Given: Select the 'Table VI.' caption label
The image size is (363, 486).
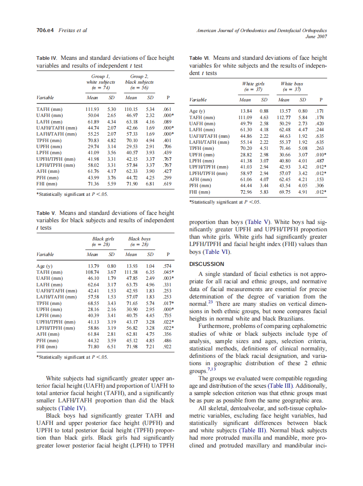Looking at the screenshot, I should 201,58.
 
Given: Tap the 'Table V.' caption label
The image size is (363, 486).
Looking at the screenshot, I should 46,213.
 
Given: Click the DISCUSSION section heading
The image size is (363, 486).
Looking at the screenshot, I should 207,264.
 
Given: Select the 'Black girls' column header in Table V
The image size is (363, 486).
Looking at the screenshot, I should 103,239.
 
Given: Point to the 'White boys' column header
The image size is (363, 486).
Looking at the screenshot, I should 292,84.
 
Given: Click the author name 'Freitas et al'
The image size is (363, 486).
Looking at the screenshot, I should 73,30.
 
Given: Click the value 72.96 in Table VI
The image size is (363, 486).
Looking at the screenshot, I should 245,192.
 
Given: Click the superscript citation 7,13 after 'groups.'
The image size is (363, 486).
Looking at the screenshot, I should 210,369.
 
